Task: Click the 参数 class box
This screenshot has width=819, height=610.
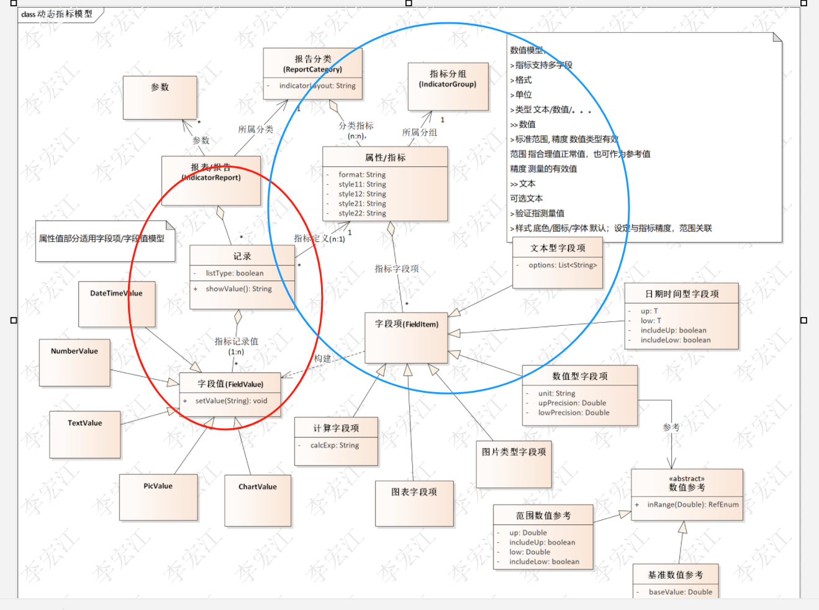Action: pos(160,97)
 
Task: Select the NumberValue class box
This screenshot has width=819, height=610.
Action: pos(75,363)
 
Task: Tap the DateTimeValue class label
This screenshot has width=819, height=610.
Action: pos(116,294)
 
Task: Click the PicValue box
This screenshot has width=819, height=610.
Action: pos(158,497)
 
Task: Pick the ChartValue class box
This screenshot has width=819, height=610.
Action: pos(258,500)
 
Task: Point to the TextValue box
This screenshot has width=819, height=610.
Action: pos(85,434)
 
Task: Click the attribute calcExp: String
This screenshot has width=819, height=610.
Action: pos(335,446)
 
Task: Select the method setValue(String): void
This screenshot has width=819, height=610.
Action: pos(231,401)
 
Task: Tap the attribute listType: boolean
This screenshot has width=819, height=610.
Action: pos(235,273)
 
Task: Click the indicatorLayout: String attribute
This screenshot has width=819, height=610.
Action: pos(317,86)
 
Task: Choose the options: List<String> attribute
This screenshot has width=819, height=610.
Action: pos(563,266)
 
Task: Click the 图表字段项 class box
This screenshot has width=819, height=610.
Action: pos(414,503)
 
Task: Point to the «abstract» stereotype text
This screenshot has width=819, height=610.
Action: pos(687,478)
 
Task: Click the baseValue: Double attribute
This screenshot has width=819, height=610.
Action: pos(681,592)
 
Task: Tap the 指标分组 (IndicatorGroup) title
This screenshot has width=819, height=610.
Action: pos(448,79)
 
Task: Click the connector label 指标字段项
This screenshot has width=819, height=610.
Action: pos(397,269)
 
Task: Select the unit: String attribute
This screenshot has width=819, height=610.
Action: pos(557,393)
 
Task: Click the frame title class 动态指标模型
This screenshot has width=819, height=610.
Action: pos(57,14)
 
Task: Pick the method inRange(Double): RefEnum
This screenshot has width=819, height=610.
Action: pos(693,505)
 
